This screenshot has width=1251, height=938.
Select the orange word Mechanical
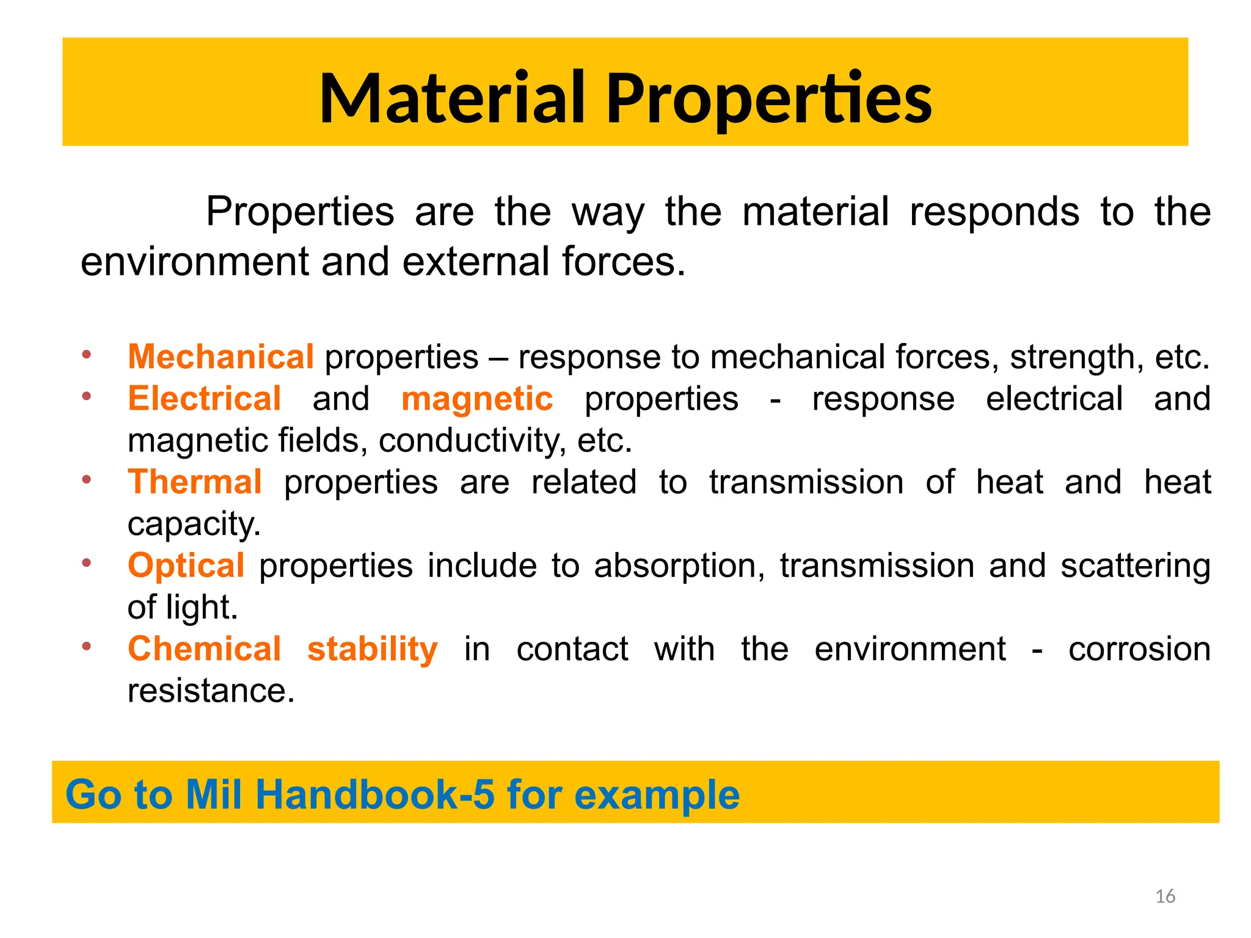coord(221,357)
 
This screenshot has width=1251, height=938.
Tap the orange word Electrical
coord(205,399)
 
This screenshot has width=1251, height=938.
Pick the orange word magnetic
coord(477,399)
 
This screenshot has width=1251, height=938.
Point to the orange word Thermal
coord(195,482)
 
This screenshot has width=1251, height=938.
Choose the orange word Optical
coord(186,565)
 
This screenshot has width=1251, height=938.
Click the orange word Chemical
coord(204,649)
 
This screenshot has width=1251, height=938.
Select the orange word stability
coord(372,649)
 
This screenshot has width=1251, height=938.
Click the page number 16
coord(1165,896)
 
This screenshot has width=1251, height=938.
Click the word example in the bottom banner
coord(657,795)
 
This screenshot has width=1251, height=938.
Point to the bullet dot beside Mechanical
coord(87,354)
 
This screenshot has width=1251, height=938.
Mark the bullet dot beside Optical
coord(87,563)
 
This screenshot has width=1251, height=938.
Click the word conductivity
coord(472,440)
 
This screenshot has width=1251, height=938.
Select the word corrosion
coord(1139,649)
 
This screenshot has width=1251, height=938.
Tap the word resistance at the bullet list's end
coord(211,691)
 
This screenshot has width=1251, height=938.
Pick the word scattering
coord(1135,566)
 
